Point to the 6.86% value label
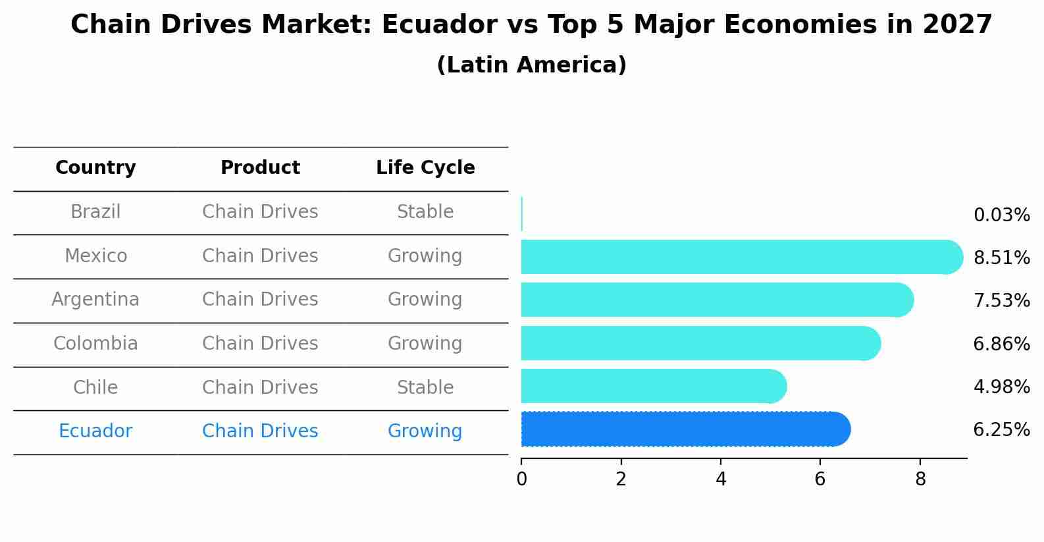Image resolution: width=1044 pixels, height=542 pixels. (1001, 344)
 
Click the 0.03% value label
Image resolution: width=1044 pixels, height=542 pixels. (1001, 215)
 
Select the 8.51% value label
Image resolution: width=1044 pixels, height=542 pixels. (1001, 258)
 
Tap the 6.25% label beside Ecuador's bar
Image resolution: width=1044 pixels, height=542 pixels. (1001, 430)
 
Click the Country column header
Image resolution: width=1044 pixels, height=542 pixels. (95, 168)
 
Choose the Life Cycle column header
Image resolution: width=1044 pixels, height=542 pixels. (425, 168)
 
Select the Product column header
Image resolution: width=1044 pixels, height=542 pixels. (260, 168)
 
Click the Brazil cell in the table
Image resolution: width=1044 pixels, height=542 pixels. (95, 212)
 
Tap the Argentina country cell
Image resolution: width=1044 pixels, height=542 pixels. (95, 300)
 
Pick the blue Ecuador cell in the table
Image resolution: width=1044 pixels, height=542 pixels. (95, 431)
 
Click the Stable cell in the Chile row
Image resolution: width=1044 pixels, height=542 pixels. (425, 388)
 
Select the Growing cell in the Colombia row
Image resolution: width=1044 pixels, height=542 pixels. (425, 344)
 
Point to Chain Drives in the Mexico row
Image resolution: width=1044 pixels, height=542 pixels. (260, 256)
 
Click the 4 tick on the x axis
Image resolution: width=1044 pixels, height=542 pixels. (721, 479)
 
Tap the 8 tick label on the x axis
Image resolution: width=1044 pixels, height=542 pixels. (920, 479)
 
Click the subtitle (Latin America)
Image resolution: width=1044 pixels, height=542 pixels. (531, 65)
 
